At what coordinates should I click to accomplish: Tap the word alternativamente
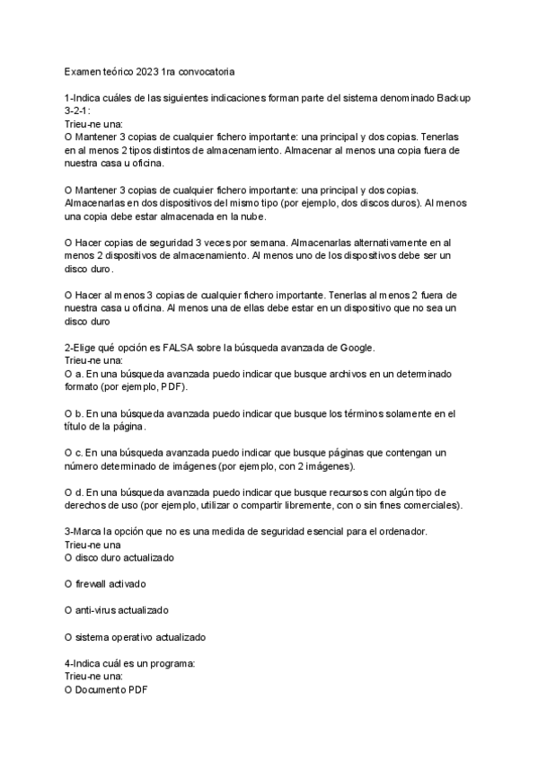[380, 243]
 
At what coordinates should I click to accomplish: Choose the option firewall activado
[106, 584]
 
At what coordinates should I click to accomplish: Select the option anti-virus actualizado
[117, 610]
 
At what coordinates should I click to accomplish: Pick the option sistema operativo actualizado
[136, 637]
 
